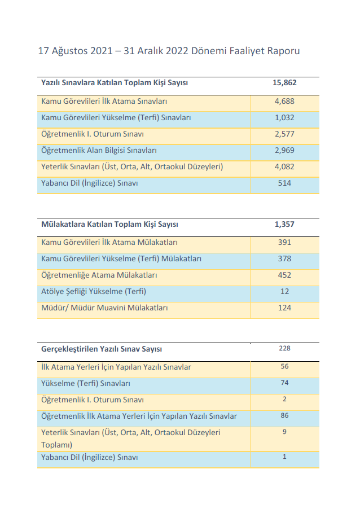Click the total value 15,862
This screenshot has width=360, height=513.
(284, 83)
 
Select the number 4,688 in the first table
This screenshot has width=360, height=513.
(284, 102)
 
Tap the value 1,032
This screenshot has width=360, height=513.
(284, 118)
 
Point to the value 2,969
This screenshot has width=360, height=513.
(284, 151)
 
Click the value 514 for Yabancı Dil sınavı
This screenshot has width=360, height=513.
(284, 183)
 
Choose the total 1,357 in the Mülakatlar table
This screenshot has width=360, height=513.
(284, 224)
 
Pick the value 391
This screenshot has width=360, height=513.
(284, 242)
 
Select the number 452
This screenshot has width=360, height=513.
(284, 275)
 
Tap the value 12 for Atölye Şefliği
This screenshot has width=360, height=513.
(284, 291)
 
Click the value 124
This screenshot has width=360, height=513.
(284, 308)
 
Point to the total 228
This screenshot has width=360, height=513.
(284, 349)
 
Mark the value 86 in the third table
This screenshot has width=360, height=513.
(284, 416)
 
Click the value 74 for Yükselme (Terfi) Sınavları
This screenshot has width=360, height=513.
(284, 383)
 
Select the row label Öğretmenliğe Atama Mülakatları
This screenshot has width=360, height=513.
(99, 275)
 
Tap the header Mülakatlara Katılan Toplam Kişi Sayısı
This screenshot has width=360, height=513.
(109, 224)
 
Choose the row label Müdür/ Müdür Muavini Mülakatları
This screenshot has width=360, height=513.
(104, 308)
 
